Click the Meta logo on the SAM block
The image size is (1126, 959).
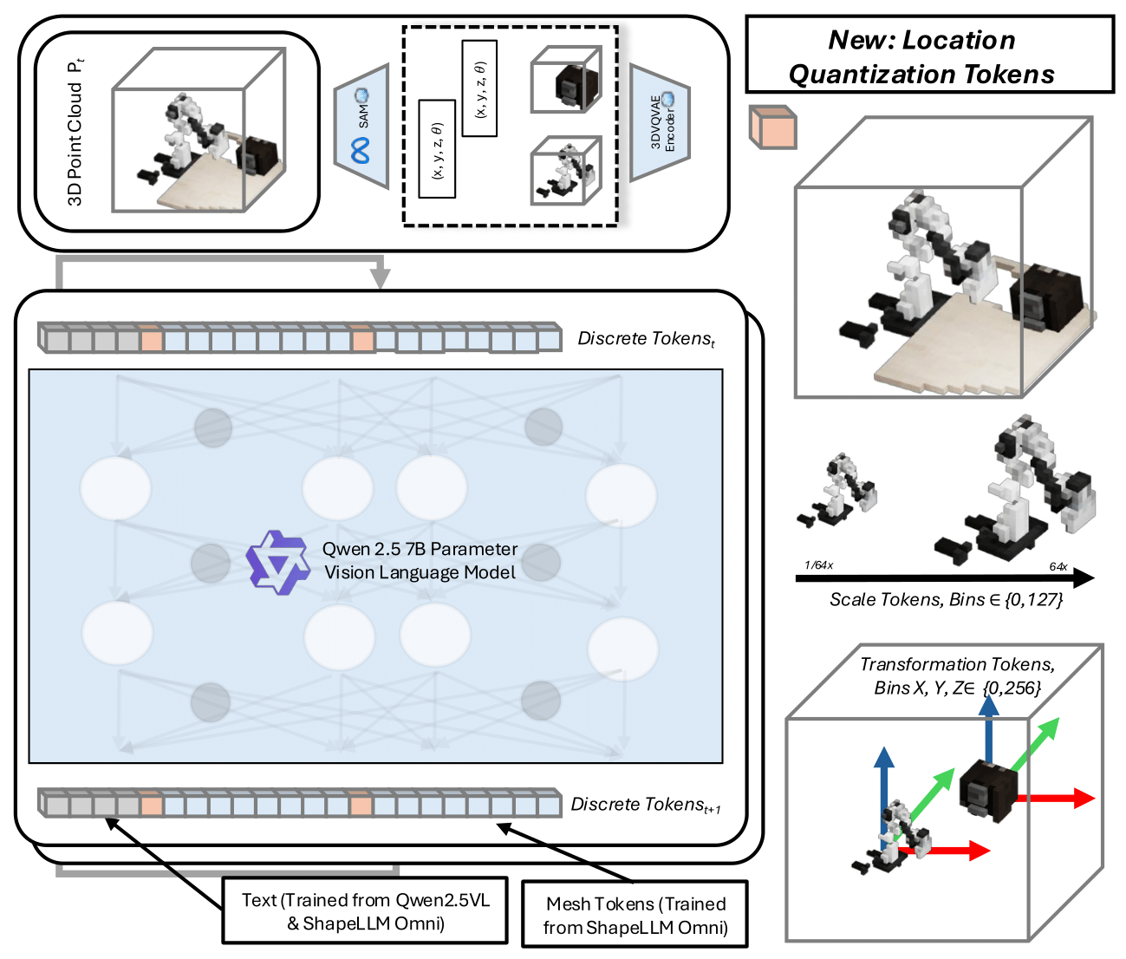pos(361,151)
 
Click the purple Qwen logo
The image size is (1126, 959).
pos(277,562)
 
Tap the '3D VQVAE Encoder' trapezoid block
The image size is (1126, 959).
pos(661,123)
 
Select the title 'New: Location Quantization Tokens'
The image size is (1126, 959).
pos(922,57)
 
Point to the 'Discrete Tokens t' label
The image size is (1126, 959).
pos(647,339)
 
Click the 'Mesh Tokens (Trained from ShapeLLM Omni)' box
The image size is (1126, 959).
pos(635,916)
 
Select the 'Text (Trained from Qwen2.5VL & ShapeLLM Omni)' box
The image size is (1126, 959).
pos(365,911)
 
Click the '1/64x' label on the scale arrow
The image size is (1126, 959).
pos(818,565)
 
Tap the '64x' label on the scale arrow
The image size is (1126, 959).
pos(1058,566)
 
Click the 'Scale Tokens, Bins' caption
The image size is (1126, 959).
pos(946,599)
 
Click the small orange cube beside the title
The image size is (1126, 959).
pos(772,127)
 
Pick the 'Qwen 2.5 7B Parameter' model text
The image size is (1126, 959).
pos(420,549)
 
